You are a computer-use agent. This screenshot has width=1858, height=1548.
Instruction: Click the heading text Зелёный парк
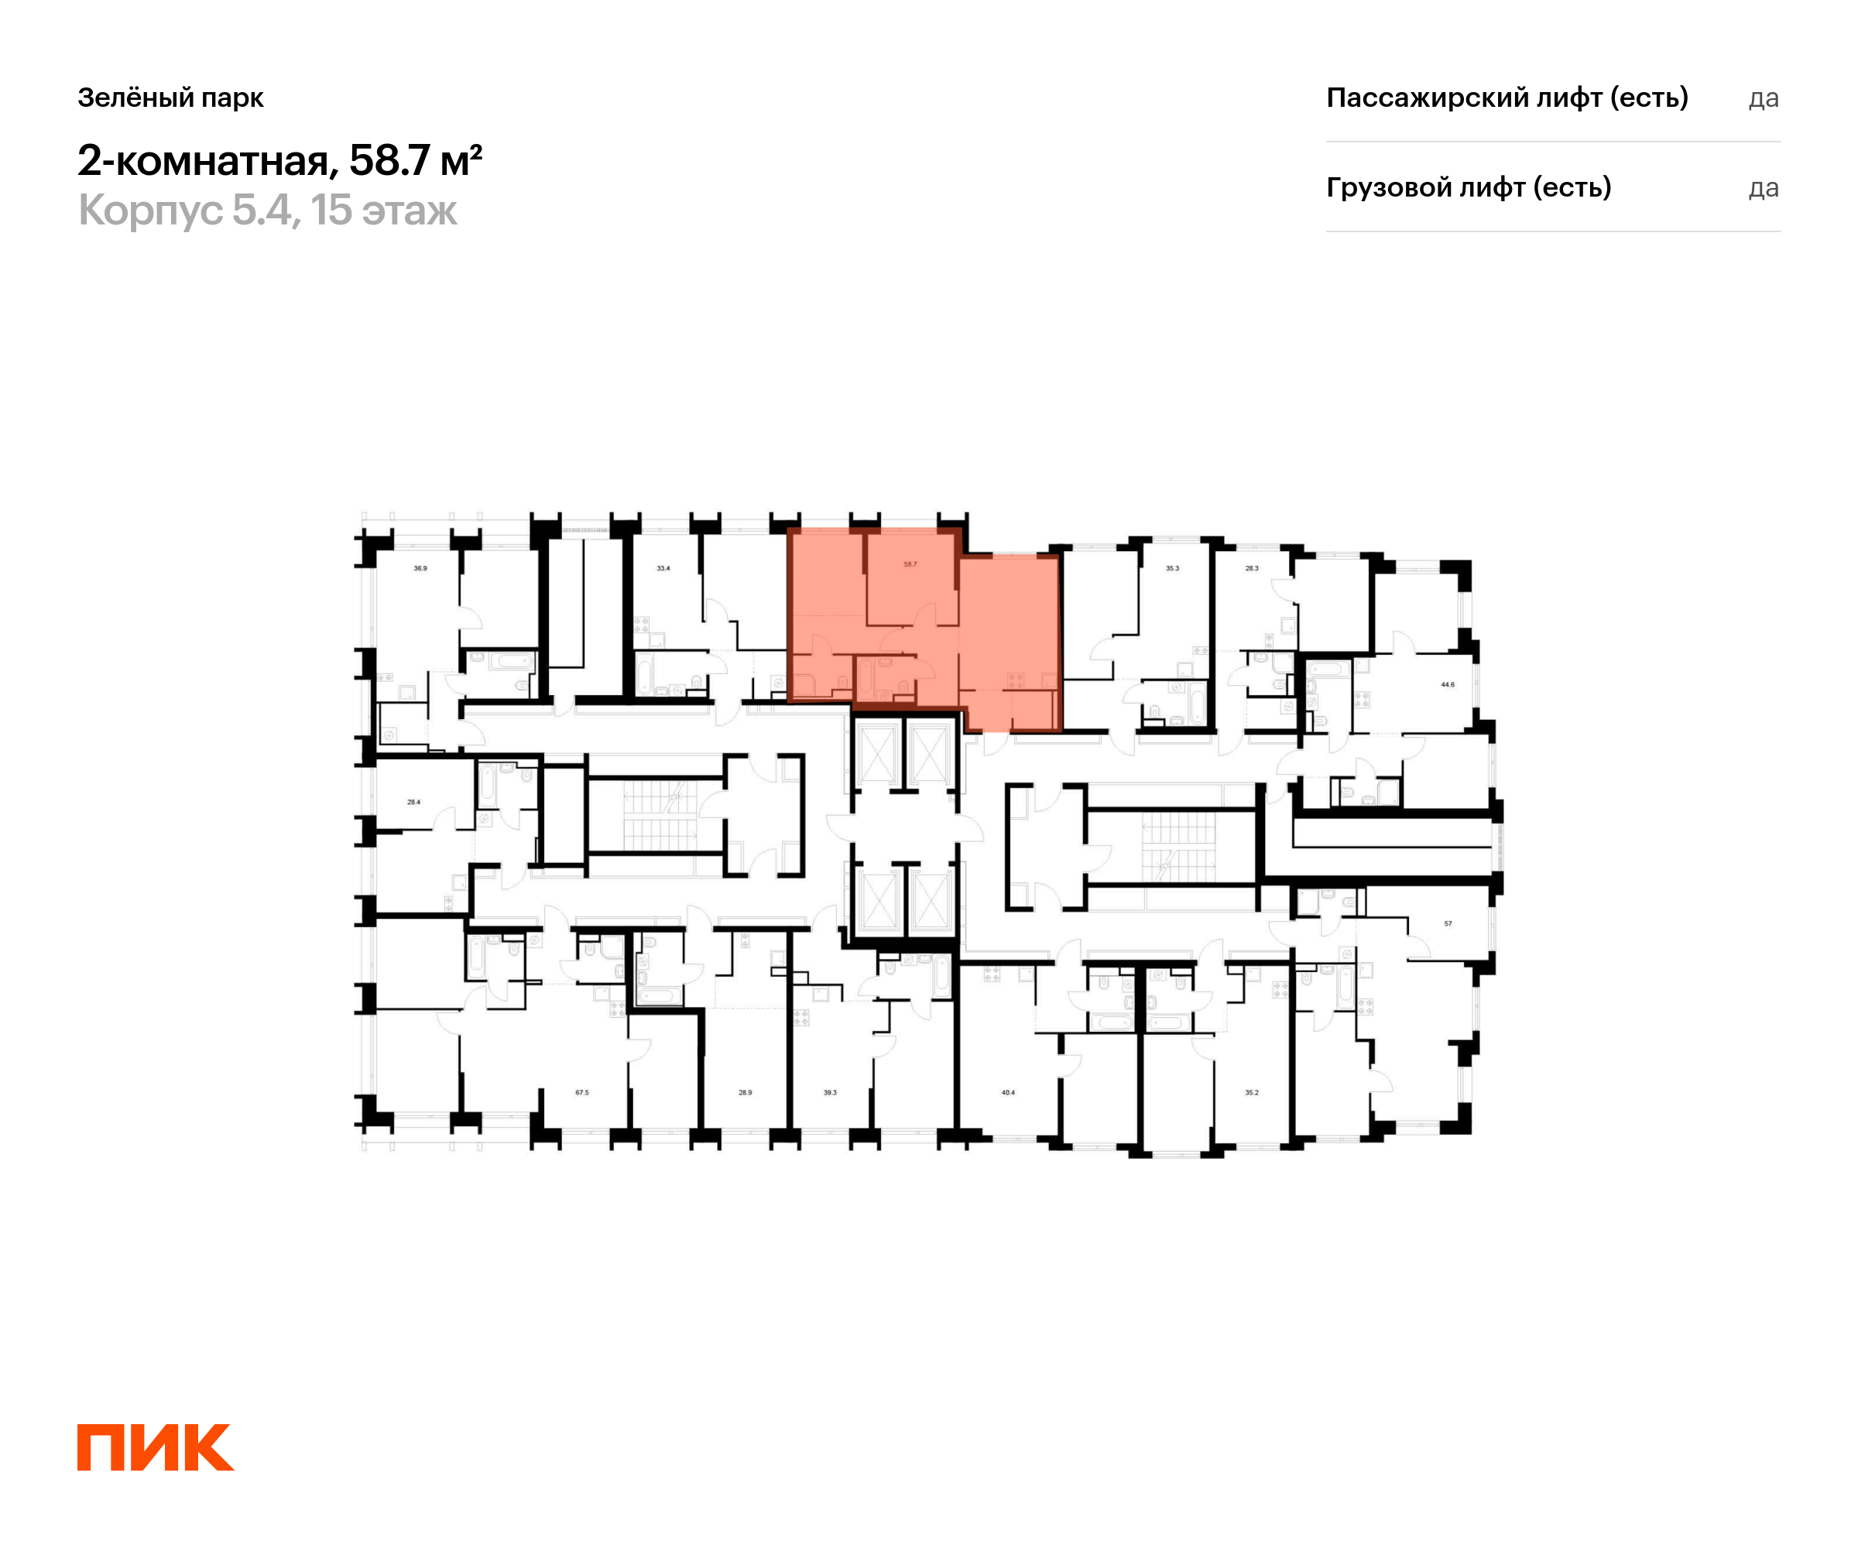point(171,98)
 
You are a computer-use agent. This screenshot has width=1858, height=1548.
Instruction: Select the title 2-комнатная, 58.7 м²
point(279,161)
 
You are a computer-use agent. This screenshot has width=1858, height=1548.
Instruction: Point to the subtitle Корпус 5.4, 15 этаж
point(267,211)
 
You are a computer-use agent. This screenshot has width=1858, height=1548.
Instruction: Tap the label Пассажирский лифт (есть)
point(1507,98)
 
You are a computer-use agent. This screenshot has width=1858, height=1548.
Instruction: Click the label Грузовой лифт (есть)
point(1469,187)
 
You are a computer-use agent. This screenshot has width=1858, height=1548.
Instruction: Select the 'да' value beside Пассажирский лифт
point(1764,98)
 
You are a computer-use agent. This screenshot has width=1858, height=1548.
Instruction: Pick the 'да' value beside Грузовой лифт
point(1764,188)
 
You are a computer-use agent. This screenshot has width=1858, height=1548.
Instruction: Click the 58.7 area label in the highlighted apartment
point(910,564)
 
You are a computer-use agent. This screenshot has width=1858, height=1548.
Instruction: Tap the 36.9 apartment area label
point(420,569)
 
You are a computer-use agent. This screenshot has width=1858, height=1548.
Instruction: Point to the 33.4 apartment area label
point(663,569)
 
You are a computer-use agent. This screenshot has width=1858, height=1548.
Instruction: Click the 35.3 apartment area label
point(1172,569)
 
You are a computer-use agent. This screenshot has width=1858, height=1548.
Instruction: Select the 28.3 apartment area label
point(1252,569)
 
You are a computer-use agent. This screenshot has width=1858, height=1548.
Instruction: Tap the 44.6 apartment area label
point(1448,685)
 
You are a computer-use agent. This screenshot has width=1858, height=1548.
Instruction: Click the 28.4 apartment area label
point(413,803)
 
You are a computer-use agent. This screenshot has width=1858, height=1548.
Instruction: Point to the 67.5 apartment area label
point(582,1094)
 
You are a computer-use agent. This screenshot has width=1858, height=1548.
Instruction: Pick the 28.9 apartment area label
point(745,1094)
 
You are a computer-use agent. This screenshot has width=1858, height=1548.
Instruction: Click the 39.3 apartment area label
point(830,1094)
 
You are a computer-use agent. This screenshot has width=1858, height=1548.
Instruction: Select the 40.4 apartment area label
point(1008,1094)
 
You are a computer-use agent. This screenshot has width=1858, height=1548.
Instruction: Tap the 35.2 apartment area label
point(1252,1094)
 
